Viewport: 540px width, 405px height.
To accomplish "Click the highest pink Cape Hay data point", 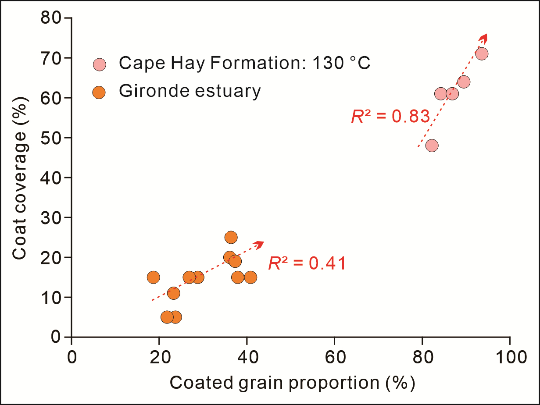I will tap(481, 54).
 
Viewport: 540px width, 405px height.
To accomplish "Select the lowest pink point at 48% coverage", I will tap(432, 146).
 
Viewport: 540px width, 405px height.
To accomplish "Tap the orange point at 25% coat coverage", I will tap(231, 237).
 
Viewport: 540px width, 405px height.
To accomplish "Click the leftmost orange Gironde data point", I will tap(153, 277).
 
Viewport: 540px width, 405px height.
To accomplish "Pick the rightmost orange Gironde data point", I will tap(250, 277).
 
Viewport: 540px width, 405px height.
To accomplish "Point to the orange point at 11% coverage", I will tap(173, 293).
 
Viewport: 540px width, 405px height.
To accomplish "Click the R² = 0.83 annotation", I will tap(390, 116).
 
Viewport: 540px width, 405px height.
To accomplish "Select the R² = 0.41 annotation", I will tap(307, 263).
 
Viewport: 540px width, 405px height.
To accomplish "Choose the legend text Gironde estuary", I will tap(190, 91).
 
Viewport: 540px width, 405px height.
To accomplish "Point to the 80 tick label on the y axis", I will tap(50, 18).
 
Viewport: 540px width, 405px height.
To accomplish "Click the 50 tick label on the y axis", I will tap(50, 138).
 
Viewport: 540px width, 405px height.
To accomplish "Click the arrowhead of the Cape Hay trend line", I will tap(484, 36).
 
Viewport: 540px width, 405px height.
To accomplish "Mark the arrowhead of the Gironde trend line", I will tap(260, 243).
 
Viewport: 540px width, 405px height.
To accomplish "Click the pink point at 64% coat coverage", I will tap(463, 82).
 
